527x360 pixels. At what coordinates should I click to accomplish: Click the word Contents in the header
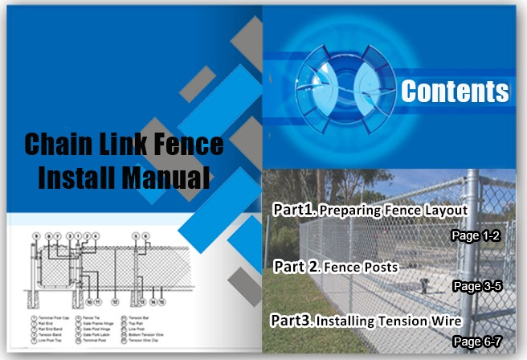455,92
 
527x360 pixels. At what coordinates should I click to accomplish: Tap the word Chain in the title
59,145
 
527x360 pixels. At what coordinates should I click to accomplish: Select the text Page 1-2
476,236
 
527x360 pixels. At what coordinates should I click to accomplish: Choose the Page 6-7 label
477,342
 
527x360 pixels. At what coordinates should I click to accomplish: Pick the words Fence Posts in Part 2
359,267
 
